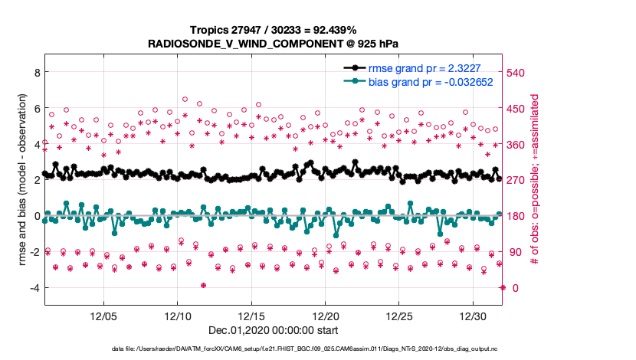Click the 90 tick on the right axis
516,252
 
